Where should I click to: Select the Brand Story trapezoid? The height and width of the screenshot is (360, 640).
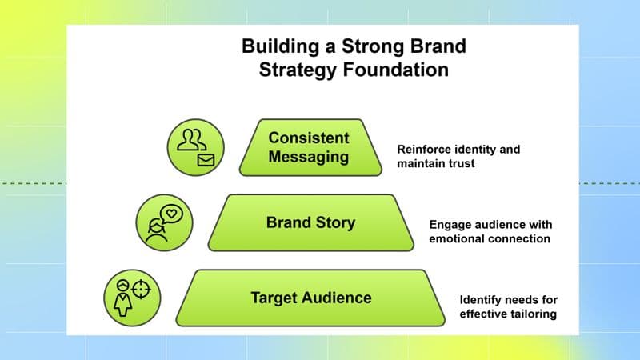[x=310, y=222]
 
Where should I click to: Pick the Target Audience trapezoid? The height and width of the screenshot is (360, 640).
[x=310, y=298]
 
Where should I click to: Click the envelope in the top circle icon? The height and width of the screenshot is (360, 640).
[x=206, y=160]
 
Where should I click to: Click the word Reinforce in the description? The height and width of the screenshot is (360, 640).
[x=423, y=150]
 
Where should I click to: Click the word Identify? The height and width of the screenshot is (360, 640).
[x=480, y=299]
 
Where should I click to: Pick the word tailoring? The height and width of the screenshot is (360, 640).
[x=531, y=314]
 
